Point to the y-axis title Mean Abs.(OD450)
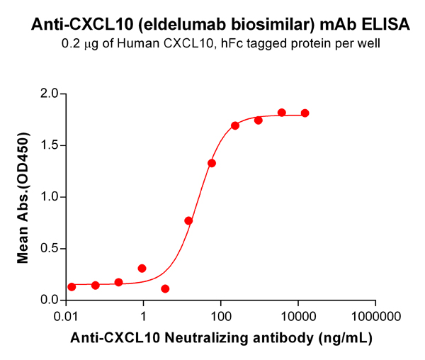[23, 198]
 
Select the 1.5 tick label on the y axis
[47, 146]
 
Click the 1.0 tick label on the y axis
[47, 197]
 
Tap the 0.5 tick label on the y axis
[47, 249]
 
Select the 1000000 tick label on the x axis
[375, 315]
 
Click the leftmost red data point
[72, 287]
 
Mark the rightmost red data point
[305, 113]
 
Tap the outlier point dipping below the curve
[165, 289]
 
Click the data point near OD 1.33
[212, 164]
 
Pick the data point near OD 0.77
[188, 221]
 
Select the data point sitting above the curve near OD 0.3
[142, 269]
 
